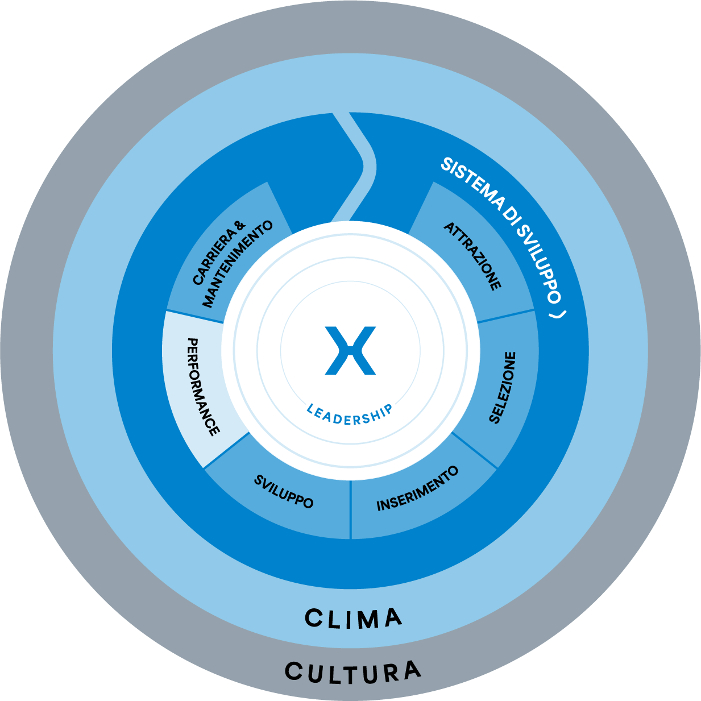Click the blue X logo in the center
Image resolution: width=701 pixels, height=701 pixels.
click(x=350, y=350)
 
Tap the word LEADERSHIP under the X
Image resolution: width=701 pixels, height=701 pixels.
click(x=349, y=414)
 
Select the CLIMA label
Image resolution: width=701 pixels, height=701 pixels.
click(x=353, y=619)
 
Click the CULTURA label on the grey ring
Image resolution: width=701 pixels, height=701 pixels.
click(x=352, y=673)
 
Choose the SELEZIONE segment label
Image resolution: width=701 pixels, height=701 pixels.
click(x=503, y=387)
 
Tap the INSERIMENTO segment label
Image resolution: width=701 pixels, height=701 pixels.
click(x=417, y=489)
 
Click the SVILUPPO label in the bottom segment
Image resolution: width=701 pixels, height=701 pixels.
click(x=283, y=492)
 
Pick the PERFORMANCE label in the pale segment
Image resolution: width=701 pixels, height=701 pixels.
click(x=203, y=387)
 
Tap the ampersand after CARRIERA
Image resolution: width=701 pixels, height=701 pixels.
click(x=239, y=226)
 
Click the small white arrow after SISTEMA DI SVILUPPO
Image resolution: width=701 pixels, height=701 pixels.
click(x=561, y=314)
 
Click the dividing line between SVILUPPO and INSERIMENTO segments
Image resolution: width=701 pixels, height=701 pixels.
click(x=350, y=509)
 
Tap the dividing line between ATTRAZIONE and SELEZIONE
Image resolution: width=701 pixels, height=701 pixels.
click(x=506, y=317)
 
